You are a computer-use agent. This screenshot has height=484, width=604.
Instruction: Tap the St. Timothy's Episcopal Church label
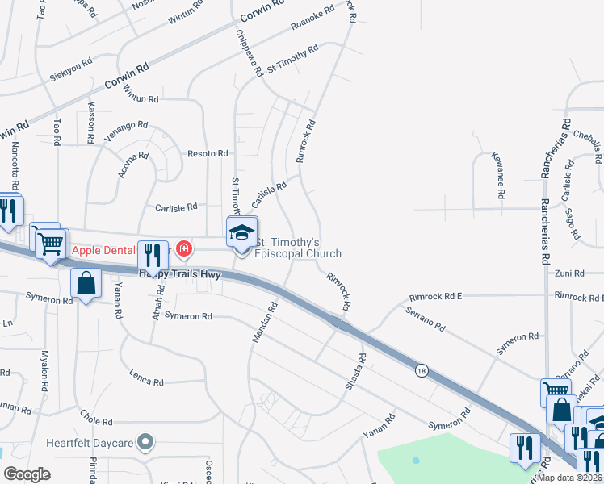click(x=298, y=248)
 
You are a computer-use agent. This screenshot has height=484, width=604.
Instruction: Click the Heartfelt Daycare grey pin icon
click(x=145, y=441)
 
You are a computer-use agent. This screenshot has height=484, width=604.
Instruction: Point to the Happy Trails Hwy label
click(x=178, y=274)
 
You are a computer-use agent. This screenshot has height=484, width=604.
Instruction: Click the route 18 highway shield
click(x=422, y=370)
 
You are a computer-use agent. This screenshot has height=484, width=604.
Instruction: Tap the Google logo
click(x=27, y=474)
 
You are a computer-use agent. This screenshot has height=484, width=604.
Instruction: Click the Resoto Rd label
click(x=208, y=153)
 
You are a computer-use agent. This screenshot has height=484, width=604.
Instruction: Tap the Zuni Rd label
click(x=563, y=274)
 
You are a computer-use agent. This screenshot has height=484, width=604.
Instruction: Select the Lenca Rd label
click(x=147, y=378)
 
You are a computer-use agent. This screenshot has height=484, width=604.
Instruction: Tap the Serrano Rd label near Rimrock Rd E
click(x=426, y=318)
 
